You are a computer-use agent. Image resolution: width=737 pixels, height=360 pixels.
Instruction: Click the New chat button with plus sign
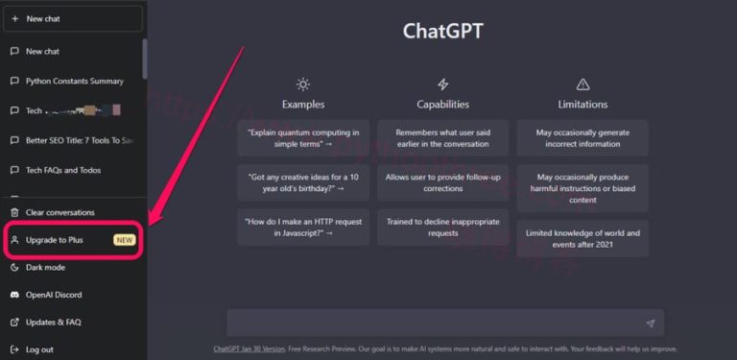pos(73,18)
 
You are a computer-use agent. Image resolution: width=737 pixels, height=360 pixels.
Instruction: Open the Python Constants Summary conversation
pos(74,81)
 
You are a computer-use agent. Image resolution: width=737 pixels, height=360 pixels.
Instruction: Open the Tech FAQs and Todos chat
pos(62,170)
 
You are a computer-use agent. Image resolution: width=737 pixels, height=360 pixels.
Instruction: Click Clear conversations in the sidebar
pos(59,212)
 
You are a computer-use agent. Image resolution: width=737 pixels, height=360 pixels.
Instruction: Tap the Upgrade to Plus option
pos(55,240)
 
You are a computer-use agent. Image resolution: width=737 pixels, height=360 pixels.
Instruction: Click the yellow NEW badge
pos(125,240)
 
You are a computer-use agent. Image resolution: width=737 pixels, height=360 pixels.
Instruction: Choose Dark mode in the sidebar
pos(45,268)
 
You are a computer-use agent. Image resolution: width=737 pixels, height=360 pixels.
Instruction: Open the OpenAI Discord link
pos(54,295)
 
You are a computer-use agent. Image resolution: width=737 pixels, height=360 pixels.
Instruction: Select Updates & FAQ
pos(53,323)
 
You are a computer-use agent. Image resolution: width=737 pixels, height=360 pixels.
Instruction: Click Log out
pos(39,349)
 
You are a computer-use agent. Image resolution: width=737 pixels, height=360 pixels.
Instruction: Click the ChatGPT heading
pos(442,31)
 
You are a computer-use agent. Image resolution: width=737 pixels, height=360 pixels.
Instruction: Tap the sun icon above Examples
pos(303,84)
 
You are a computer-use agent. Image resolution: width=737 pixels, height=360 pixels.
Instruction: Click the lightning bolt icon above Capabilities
pos(442,84)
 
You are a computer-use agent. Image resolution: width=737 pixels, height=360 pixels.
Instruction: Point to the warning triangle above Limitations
pos(582,84)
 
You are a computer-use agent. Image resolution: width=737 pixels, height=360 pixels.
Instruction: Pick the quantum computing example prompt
pos(303,138)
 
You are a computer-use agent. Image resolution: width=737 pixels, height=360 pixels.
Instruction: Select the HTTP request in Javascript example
pos(303,227)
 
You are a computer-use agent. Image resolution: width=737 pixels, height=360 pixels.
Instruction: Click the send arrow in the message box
pos(650,324)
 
